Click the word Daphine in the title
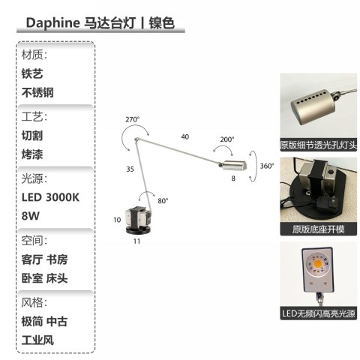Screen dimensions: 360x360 [x=52, y=23]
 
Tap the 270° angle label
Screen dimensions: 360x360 [x=133, y=119]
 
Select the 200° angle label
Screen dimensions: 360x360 [x=227, y=139]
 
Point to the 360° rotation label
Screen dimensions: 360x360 [x=267, y=166]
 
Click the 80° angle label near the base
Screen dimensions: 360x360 [x=163, y=201]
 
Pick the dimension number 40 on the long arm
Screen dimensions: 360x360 [x=185, y=136]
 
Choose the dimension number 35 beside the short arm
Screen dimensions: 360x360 [x=130, y=169]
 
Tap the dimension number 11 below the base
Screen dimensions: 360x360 [x=136, y=241]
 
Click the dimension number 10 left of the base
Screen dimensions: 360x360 [x=117, y=220]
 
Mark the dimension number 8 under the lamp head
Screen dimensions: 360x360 [x=233, y=178]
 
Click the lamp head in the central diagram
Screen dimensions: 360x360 [x=234, y=165]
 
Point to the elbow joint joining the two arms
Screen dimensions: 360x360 [x=136, y=139]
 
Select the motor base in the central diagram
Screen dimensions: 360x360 [x=139, y=220]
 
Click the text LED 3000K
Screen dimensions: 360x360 [x=50, y=197]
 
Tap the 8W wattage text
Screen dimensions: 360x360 [x=31, y=216]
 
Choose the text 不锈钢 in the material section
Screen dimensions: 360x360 [x=37, y=92]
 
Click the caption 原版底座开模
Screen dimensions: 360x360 [x=319, y=229]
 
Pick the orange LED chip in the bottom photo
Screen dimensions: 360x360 [x=318, y=263]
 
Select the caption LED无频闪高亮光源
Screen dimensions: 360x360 [x=319, y=313]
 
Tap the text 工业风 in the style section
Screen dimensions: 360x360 [x=37, y=340]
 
